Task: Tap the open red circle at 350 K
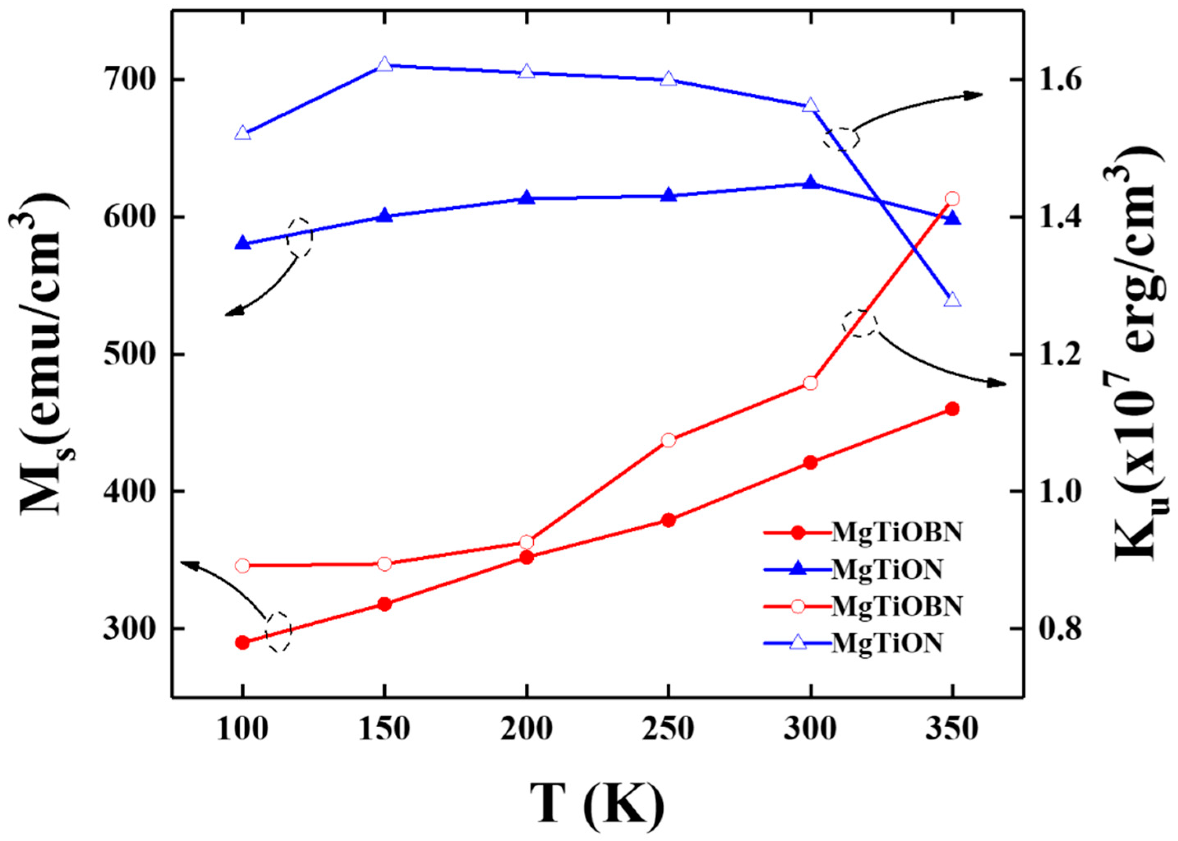point(952,199)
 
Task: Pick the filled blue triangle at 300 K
point(811,183)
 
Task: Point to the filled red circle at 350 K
point(952,409)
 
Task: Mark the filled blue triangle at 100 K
point(243,243)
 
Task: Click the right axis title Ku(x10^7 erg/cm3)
point(1136,352)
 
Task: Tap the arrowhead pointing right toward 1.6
point(975,95)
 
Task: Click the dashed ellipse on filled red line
point(279,631)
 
